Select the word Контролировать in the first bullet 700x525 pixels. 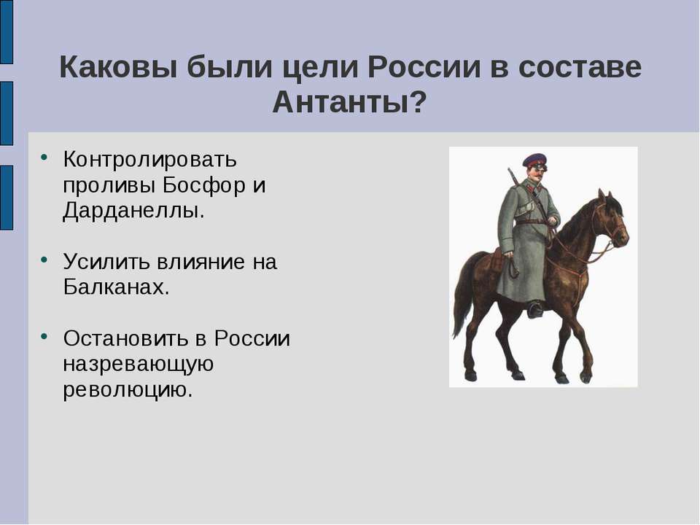(x=149, y=158)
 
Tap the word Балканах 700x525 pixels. (x=116, y=287)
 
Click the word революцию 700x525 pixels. (x=128, y=389)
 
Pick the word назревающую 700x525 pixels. (x=138, y=364)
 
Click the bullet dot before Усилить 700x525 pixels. (x=45, y=258)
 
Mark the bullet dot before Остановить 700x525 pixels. (x=45, y=335)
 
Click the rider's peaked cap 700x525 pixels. (x=534, y=159)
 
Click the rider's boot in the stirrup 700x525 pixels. (x=535, y=309)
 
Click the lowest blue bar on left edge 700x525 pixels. (x=6, y=198)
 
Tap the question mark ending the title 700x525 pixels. (x=417, y=103)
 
